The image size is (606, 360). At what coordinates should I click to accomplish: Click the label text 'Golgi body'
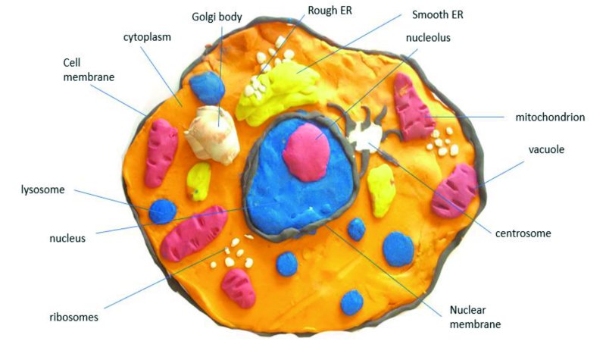pyautogui.click(x=217, y=17)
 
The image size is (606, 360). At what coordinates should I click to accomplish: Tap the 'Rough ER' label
pyautogui.click(x=330, y=11)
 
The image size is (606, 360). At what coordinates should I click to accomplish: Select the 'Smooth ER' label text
pyautogui.click(x=438, y=14)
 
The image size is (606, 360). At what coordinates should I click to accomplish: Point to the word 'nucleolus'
pyautogui.click(x=428, y=37)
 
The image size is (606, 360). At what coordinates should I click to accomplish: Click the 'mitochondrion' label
pyautogui.click(x=550, y=117)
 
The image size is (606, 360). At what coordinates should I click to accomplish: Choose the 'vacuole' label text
pyautogui.click(x=546, y=149)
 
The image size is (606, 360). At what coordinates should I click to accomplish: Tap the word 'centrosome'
pyautogui.click(x=523, y=233)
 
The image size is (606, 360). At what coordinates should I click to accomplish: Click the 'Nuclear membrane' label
pyautogui.click(x=475, y=317)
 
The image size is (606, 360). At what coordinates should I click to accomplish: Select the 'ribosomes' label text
pyautogui.click(x=73, y=317)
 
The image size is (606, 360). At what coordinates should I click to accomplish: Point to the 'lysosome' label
pyautogui.click(x=42, y=189)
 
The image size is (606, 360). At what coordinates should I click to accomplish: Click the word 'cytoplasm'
pyautogui.click(x=147, y=37)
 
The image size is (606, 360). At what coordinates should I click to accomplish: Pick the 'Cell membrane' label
pyautogui.click(x=89, y=70)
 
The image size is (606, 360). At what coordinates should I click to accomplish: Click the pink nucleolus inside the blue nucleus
pyautogui.click(x=306, y=152)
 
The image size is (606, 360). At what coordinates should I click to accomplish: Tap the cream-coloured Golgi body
pyautogui.click(x=212, y=135)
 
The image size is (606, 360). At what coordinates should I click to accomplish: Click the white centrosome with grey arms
pyautogui.click(x=364, y=136)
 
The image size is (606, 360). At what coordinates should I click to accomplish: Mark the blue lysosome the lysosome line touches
pyautogui.click(x=163, y=211)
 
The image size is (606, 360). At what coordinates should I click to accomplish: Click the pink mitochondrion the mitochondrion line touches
pyautogui.click(x=413, y=107)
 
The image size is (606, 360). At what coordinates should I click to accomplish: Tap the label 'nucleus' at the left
pyautogui.click(x=67, y=238)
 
